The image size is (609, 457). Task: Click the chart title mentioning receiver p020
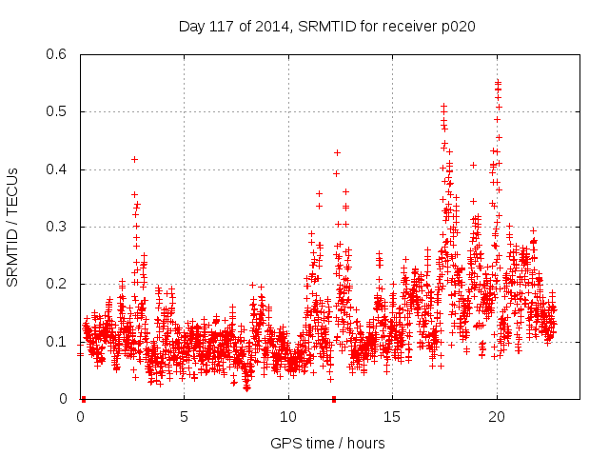click(326, 26)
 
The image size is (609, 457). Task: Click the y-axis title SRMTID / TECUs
click(12, 227)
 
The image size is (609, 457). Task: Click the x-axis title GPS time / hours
click(327, 443)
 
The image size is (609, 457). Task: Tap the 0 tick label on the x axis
click(80, 417)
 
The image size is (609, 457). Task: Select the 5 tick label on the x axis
click(184, 417)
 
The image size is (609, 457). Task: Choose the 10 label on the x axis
click(288, 417)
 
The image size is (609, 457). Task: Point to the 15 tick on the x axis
click(392, 417)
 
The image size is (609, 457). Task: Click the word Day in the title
click(192, 26)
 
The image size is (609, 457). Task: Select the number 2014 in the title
click(267, 26)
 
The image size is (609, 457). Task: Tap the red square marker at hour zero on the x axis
click(83, 399)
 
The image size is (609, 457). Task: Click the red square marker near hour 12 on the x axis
click(334, 399)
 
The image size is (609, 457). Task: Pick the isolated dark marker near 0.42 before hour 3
click(134, 159)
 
